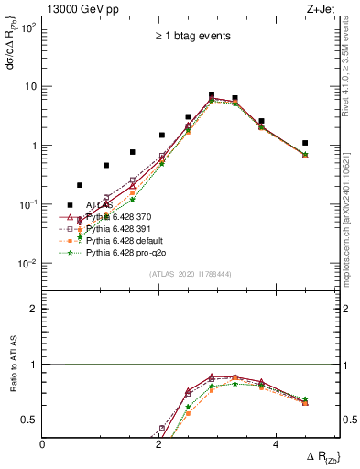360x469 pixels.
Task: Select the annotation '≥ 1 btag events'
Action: (x=191, y=37)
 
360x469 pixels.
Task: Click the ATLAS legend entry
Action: (x=99, y=205)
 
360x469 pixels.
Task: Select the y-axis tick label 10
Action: (x=29, y=87)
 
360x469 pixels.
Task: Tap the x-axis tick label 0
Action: (x=43, y=443)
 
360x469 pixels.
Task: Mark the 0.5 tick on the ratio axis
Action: (x=29, y=420)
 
